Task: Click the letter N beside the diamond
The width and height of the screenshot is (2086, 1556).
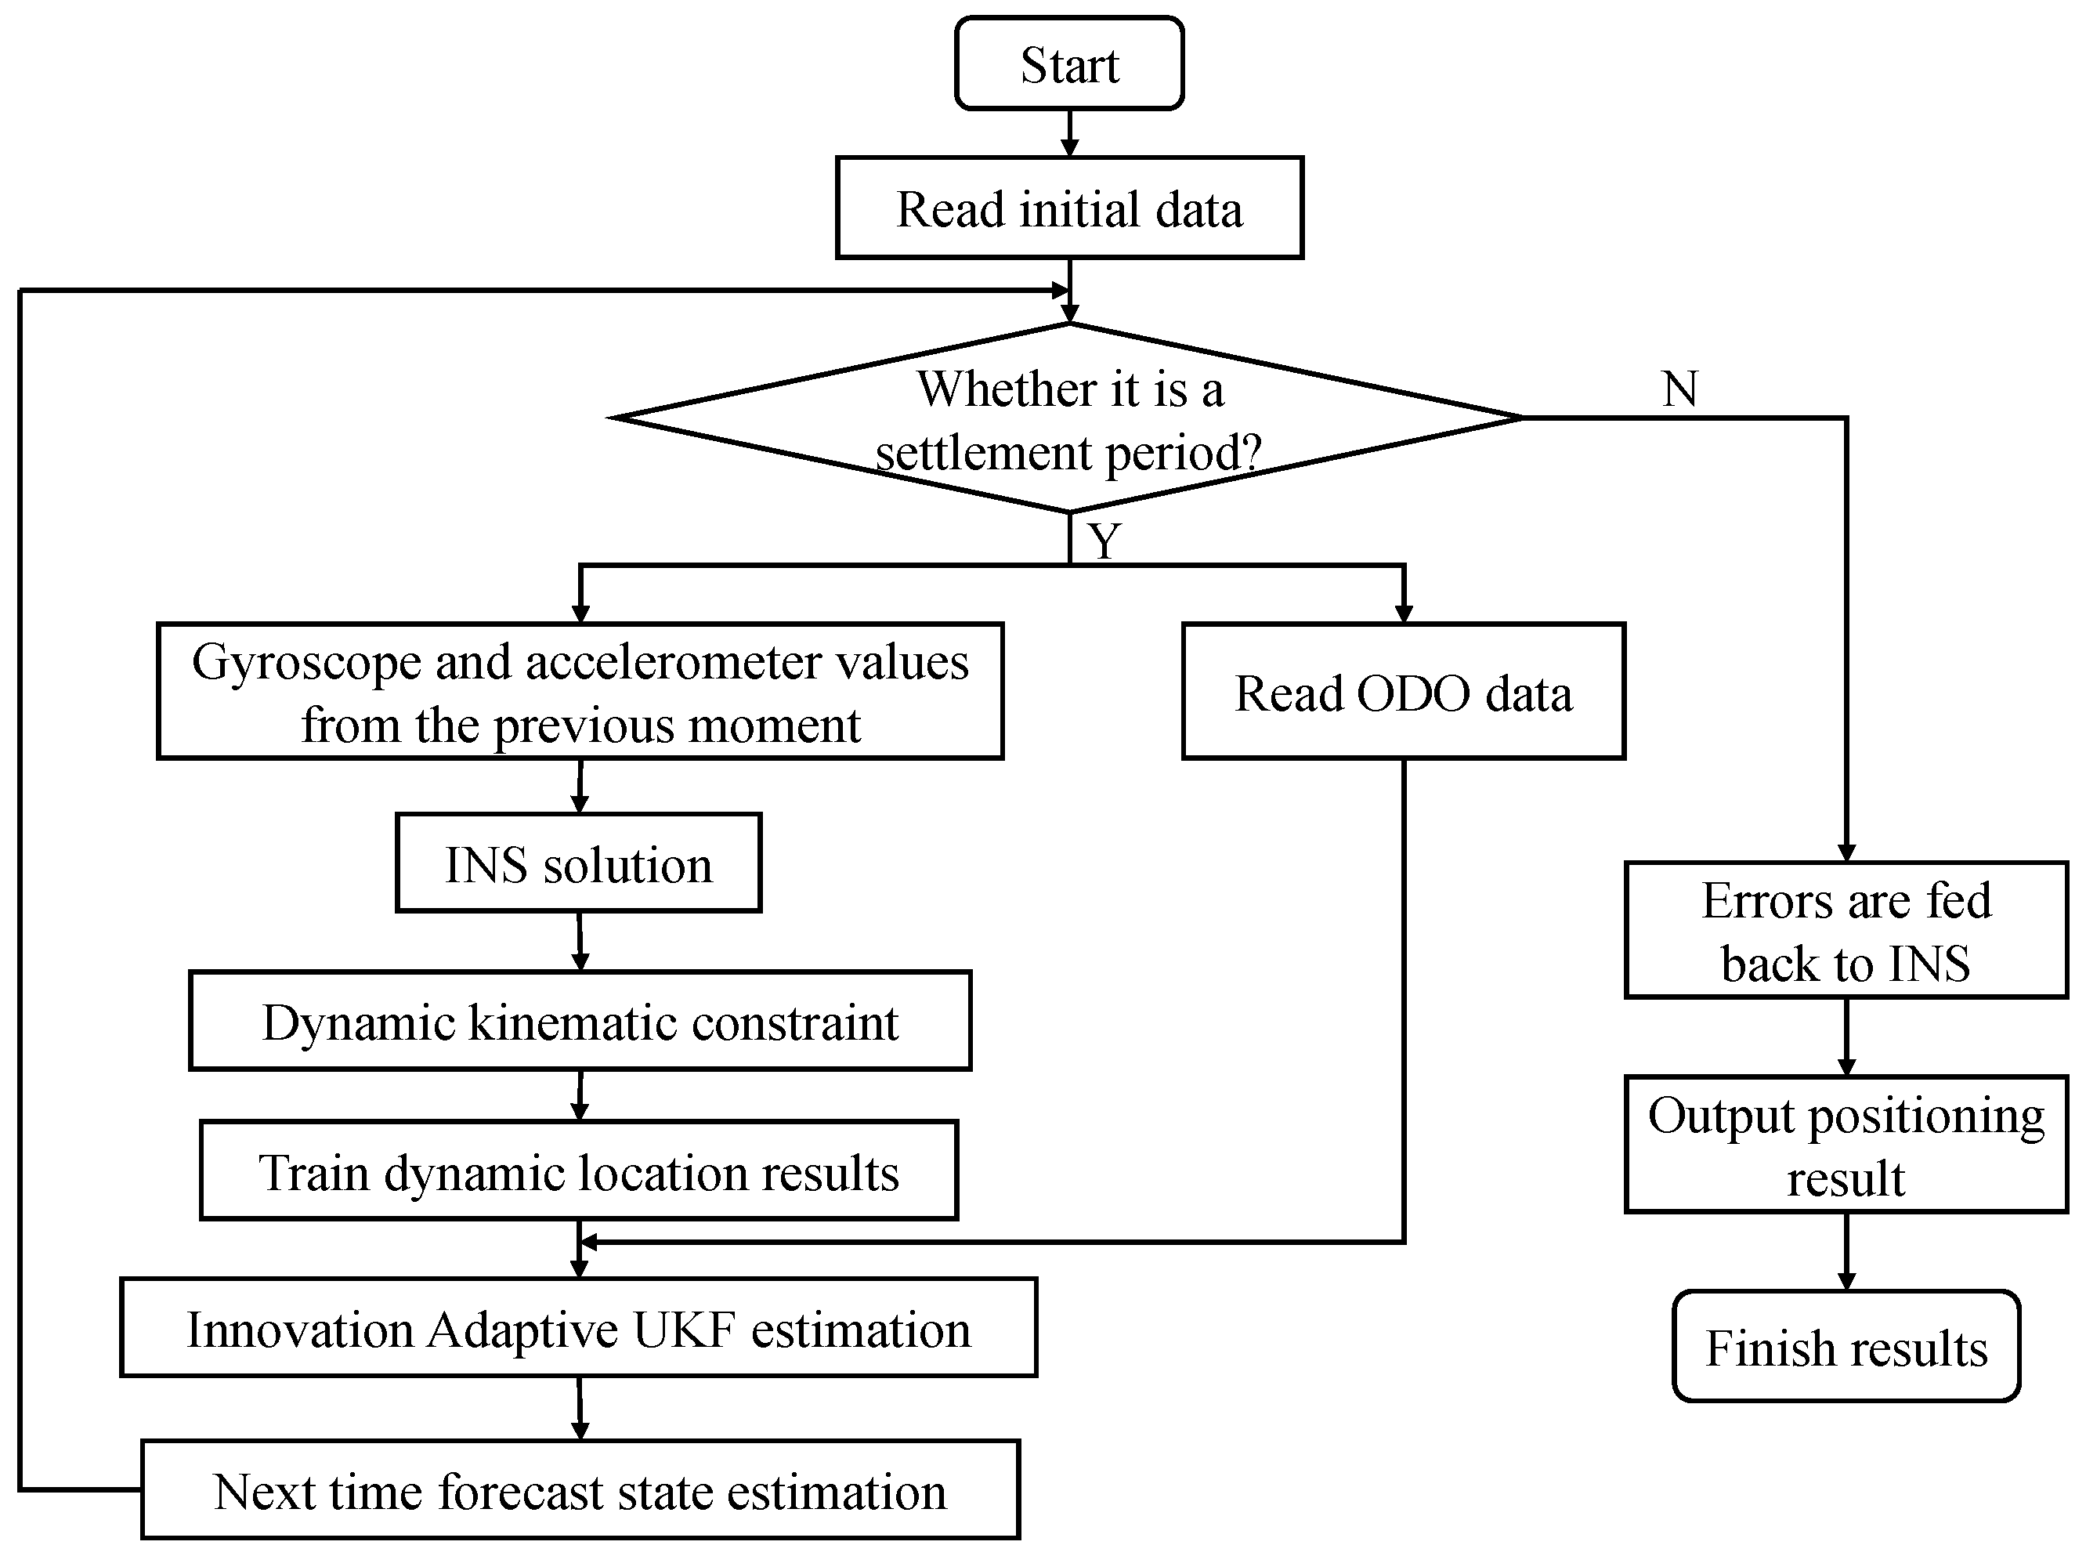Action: (1679, 389)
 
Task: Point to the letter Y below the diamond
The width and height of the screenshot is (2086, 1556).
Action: (1104, 541)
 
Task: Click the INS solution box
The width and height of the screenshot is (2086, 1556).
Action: (578, 863)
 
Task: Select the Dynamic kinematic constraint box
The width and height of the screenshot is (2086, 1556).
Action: (579, 1021)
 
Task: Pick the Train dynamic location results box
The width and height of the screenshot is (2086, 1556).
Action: (578, 1171)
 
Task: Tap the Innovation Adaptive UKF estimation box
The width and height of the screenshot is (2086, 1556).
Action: (578, 1328)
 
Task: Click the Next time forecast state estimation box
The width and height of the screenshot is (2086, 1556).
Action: (579, 1490)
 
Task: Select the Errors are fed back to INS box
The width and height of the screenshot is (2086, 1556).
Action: (1845, 931)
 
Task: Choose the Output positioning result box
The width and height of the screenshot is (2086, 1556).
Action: (1845, 1145)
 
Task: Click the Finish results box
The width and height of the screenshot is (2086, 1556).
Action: (1845, 1347)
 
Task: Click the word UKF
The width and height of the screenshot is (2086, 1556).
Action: (684, 1329)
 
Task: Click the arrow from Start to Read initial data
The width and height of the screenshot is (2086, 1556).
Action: (1069, 134)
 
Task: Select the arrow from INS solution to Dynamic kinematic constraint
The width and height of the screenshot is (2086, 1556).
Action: (580, 941)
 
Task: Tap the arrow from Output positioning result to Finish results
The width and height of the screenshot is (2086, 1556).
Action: (1846, 1250)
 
